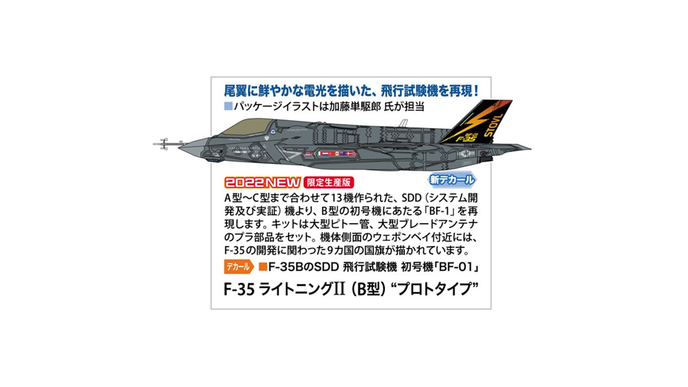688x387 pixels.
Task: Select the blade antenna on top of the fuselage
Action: point(404,123)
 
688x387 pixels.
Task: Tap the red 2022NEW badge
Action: point(263,182)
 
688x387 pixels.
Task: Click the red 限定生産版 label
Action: point(328,183)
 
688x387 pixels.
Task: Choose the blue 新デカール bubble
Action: point(452,180)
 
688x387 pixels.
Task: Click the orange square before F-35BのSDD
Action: point(263,267)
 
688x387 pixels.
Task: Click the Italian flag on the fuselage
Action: point(309,154)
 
